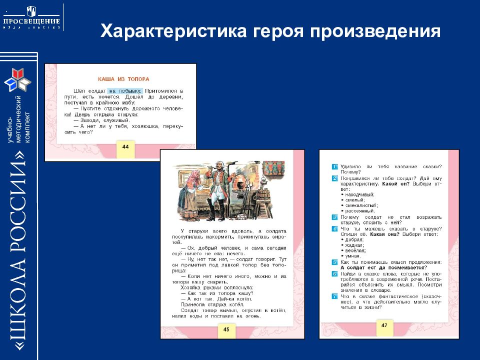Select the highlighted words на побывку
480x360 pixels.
pyautogui.click(x=125, y=90)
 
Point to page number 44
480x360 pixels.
pyautogui.click(x=125, y=146)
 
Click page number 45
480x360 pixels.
pyautogui.click(x=226, y=328)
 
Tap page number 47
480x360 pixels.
pyautogui.click(x=384, y=325)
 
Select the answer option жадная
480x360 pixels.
pyautogui.click(x=354, y=245)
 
